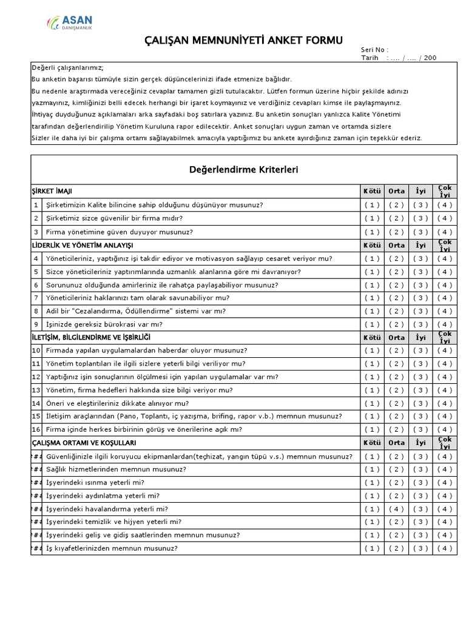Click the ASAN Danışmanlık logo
pos(70,24)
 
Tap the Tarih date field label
pos(370,58)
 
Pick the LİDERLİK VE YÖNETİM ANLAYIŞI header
pos(82,245)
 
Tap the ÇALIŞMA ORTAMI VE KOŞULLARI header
pos(84,443)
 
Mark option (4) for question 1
pos(444,205)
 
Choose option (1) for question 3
pos(371,232)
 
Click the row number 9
pos(36,324)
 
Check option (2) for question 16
pos(396,429)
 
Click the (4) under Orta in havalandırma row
pos(396,509)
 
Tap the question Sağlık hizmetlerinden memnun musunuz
pos(116,469)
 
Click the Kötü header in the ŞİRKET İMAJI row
pos(371,192)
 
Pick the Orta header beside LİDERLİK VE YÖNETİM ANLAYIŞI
pos(396,245)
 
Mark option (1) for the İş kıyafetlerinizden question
pos(371,548)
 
